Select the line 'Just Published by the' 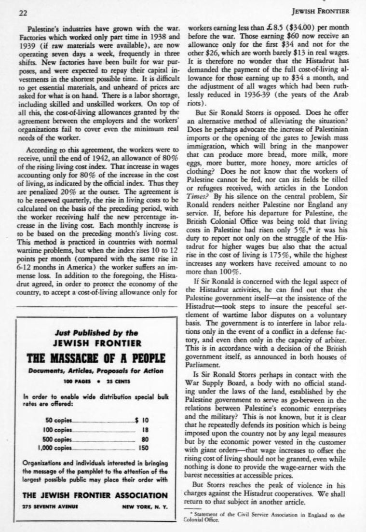tap(96, 332)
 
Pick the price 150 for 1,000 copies tap(143, 448)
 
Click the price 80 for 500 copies tap(144, 439)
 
